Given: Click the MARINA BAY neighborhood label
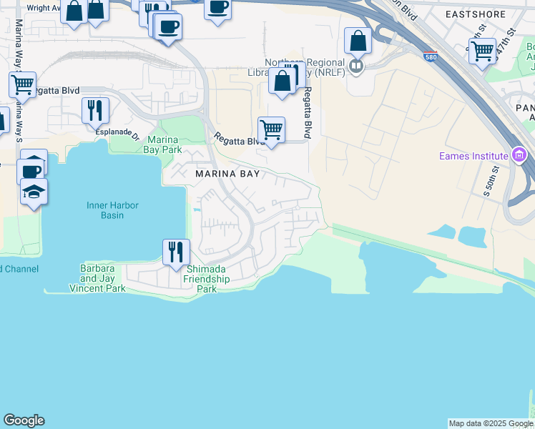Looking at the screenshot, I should pos(223,174).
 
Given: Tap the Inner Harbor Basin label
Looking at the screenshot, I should pos(113,210).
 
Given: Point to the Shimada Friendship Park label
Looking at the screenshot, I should pos(207,279).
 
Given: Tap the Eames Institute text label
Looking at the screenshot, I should pos(472,156).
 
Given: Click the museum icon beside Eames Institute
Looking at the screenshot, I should pos(520,155).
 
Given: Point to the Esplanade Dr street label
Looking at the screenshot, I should pos(117,132).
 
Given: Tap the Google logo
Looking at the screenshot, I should pos(24,420).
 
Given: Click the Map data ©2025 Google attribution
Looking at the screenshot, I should pos(491,423).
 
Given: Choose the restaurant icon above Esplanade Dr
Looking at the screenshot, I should pos(95,110).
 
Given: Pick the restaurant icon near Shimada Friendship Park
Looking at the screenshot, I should pos(176,252).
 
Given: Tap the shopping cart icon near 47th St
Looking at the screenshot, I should pos(483,50).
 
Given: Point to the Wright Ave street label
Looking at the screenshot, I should pos(42,9).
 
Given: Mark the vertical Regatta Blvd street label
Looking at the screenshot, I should pos(308,113).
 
